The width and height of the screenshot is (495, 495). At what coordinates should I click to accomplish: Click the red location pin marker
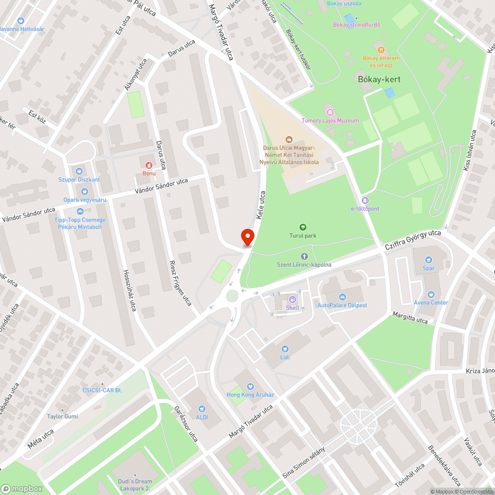[x=247, y=237]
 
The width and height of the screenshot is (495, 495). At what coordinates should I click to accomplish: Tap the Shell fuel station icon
[x=293, y=299]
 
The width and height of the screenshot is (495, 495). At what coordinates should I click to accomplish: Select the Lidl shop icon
[x=285, y=349]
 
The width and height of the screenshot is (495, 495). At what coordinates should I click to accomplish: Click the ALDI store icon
[x=201, y=409]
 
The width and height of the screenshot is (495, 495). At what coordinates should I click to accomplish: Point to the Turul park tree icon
[x=303, y=227]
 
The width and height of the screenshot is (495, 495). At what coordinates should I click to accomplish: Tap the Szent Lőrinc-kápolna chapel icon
[x=304, y=256]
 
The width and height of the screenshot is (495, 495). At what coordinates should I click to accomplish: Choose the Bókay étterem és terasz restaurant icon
[x=381, y=49]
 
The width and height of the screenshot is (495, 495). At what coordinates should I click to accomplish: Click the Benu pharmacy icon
[x=149, y=165]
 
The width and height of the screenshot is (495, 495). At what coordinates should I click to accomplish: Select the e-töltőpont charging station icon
[x=365, y=200]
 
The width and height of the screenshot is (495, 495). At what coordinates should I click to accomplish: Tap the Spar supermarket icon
[x=429, y=260]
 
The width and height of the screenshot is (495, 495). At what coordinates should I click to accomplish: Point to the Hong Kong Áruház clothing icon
[x=250, y=386]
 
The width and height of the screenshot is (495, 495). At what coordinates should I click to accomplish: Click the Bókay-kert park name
[x=379, y=79]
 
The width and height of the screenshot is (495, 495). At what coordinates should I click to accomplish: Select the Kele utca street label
[x=260, y=205]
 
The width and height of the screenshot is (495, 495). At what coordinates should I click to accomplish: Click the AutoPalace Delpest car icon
[x=342, y=297]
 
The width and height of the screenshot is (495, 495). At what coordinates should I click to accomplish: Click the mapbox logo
[x=22, y=489]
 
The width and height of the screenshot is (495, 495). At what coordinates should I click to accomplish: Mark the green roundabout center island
[x=232, y=296]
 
